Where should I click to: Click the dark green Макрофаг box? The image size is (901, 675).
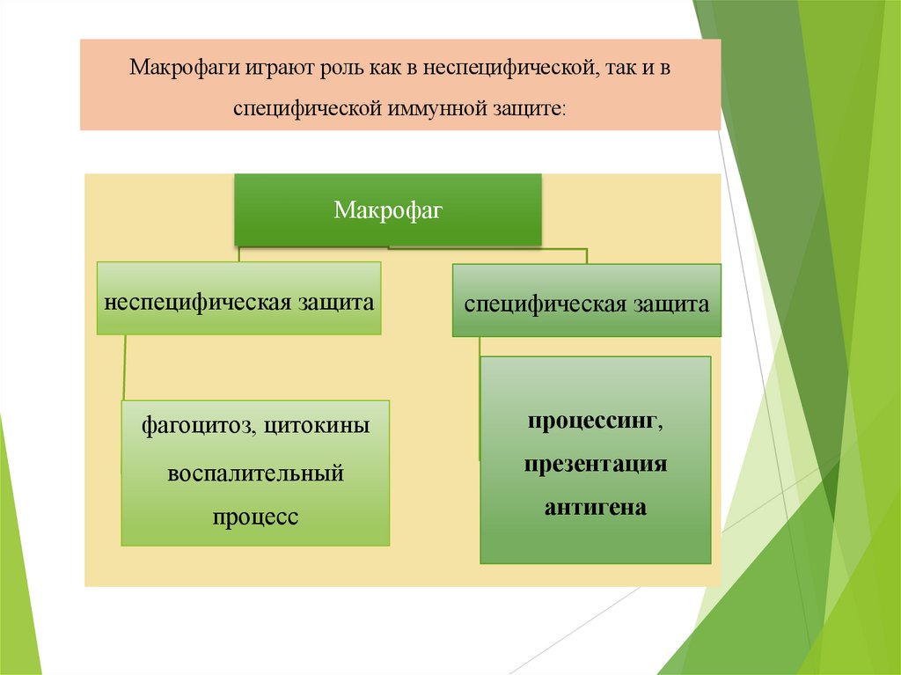[387, 209]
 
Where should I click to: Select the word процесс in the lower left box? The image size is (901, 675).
[255, 517]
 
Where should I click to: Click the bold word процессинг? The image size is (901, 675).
[595, 422]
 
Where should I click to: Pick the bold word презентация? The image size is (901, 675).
[595, 464]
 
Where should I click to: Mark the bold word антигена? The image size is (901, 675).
[595, 507]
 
